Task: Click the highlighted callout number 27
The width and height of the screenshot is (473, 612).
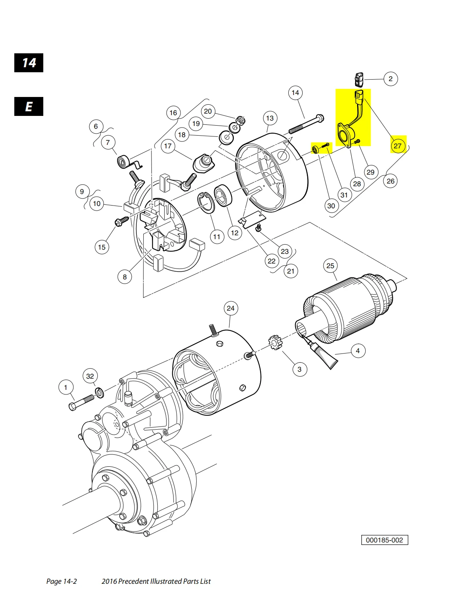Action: coord(397,146)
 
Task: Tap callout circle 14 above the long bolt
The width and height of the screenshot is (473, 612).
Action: coord(295,93)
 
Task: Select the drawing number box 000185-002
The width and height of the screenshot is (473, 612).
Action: coord(384,540)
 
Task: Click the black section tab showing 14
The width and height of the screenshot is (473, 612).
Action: coord(29,63)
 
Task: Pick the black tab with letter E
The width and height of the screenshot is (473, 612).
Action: coord(29,107)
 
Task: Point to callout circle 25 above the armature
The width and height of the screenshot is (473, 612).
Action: coord(330,266)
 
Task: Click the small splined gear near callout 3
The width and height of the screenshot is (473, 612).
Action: coord(274,342)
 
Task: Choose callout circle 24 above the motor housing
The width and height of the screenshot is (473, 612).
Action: coord(230,308)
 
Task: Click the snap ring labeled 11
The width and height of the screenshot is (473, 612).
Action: coord(207,202)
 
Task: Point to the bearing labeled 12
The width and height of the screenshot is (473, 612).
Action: coord(223,196)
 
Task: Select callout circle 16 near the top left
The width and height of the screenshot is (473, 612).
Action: coord(173,113)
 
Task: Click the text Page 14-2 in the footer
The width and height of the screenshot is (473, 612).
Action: coord(61,581)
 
